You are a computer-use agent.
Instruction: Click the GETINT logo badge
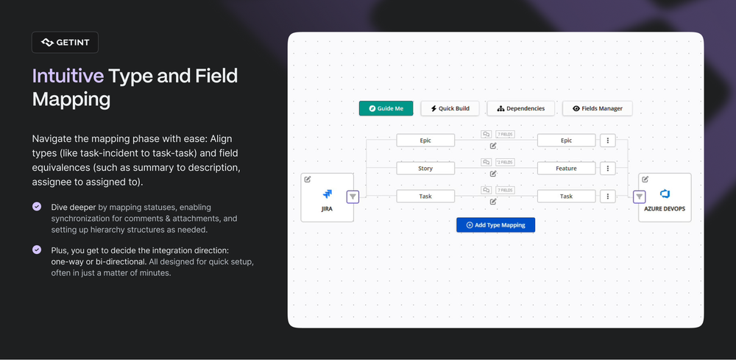coord(65,43)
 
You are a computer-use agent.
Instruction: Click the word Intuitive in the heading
coord(68,76)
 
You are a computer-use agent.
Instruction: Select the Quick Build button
coord(450,108)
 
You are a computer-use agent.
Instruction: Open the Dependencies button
coord(521,108)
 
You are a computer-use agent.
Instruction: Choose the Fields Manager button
coord(597,108)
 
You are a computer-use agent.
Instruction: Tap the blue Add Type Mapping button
coord(495,225)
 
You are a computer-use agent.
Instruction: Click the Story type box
coord(425,169)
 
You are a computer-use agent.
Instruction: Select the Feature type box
coord(566,169)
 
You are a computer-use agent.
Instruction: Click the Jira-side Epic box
coord(425,140)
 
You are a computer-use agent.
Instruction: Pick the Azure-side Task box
coord(566,197)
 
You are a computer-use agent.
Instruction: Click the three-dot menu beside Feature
coord(607,169)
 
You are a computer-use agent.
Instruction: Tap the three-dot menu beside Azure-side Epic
coord(607,140)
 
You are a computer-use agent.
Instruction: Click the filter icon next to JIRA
coord(353,197)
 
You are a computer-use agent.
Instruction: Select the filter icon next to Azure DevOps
coord(639,197)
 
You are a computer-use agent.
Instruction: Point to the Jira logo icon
coord(328,194)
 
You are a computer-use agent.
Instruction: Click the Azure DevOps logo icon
coord(665,194)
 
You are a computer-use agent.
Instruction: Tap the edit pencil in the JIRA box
coord(308,179)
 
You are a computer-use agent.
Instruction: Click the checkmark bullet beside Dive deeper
coord(37,207)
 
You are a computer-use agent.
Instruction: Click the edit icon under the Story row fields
coord(493,174)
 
